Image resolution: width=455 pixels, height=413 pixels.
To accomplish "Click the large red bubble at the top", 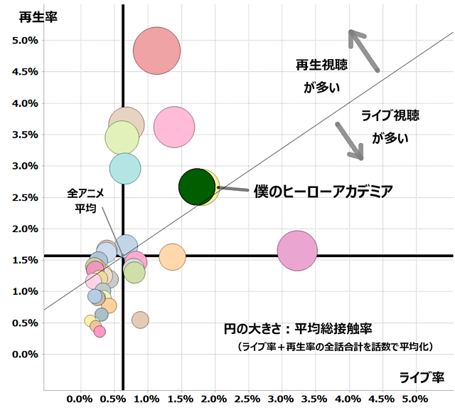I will (x=157, y=50).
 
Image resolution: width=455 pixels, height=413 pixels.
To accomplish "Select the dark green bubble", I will (x=197, y=187).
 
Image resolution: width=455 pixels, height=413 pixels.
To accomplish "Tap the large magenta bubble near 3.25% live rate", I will (x=297, y=251).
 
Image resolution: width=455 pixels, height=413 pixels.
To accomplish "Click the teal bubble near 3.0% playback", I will (x=125, y=169).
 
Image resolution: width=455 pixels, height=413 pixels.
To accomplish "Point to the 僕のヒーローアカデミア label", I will (x=323, y=191).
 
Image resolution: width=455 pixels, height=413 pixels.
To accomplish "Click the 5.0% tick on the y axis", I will (x=25, y=41).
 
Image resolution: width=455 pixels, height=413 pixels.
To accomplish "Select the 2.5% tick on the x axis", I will (x=247, y=398).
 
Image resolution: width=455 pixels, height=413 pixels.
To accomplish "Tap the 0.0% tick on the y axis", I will (x=25, y=354).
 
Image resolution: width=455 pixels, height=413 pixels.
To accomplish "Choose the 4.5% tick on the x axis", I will (x=381, y=398).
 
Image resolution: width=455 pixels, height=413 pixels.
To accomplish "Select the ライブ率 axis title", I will (x=421, y=377).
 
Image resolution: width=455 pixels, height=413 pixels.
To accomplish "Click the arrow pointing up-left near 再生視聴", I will (x=364, y=50).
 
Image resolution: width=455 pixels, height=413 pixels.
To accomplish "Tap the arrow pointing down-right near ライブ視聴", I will (x=350, y=140).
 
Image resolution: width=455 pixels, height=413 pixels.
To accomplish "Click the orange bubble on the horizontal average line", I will (x=172, y=256).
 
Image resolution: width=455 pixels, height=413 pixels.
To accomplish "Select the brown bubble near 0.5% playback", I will (x=140, y=320).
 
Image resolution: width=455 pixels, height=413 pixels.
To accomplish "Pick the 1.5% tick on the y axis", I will (x=25, y=260).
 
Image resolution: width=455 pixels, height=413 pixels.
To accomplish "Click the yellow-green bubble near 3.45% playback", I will (x=122, y=137).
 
